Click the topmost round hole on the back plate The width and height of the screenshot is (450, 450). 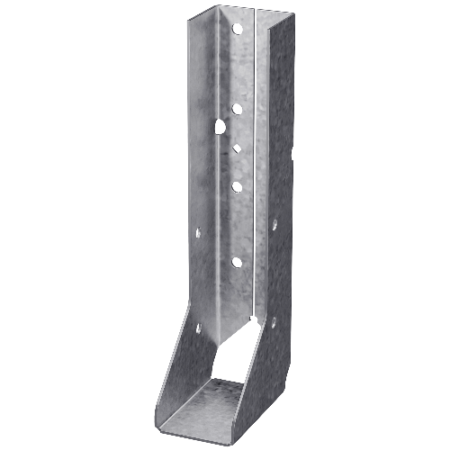point(238,28)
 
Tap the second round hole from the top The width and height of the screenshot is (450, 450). point(238,109)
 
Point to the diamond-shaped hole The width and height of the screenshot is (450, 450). point(237,148)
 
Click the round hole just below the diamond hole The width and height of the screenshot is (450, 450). point(237,187)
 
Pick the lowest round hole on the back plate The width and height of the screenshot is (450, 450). point(237,263)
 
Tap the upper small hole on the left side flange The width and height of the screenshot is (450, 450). point(198,232)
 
